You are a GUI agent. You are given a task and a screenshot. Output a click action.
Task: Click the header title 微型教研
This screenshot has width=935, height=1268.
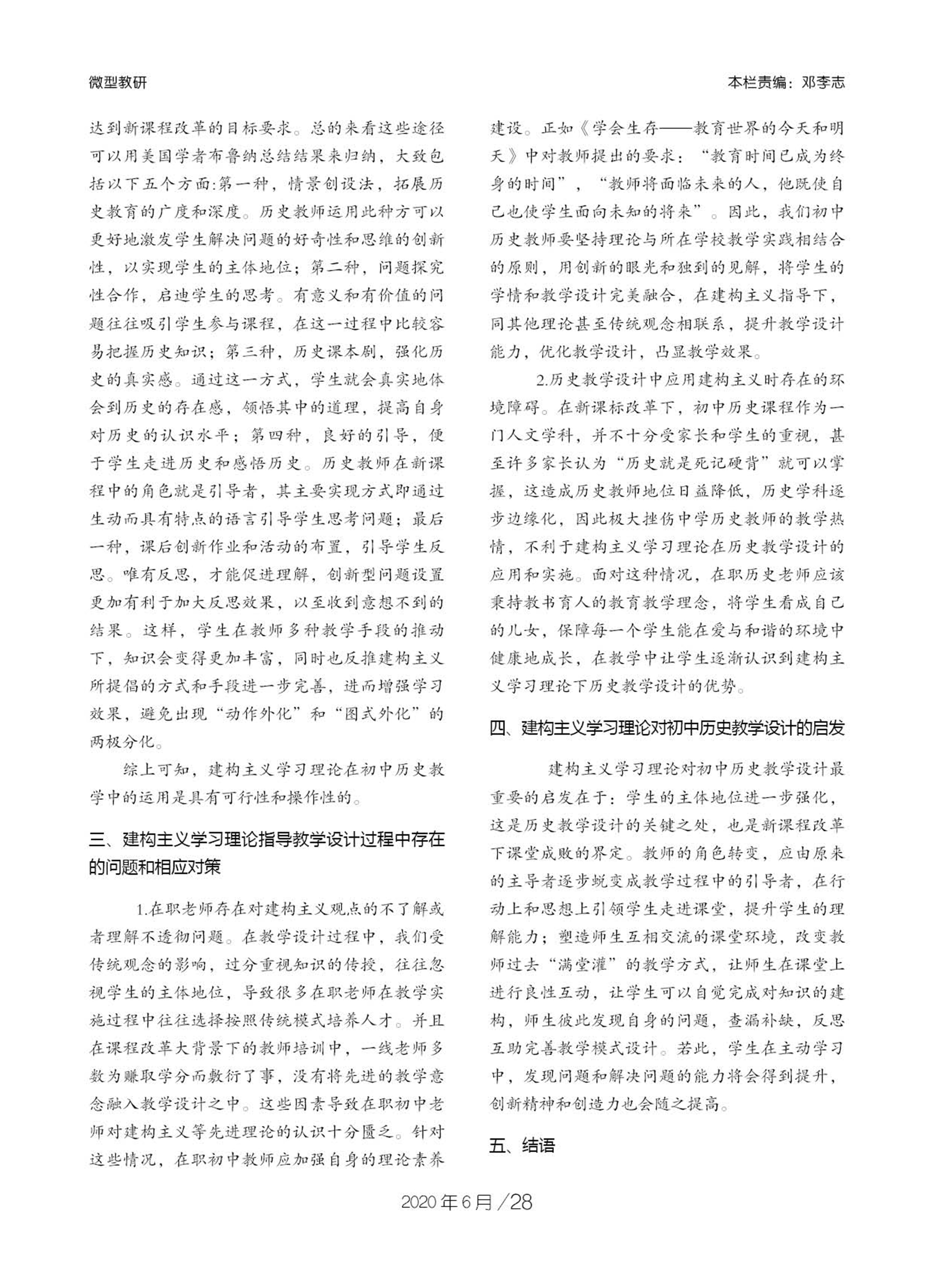(118, 83)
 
